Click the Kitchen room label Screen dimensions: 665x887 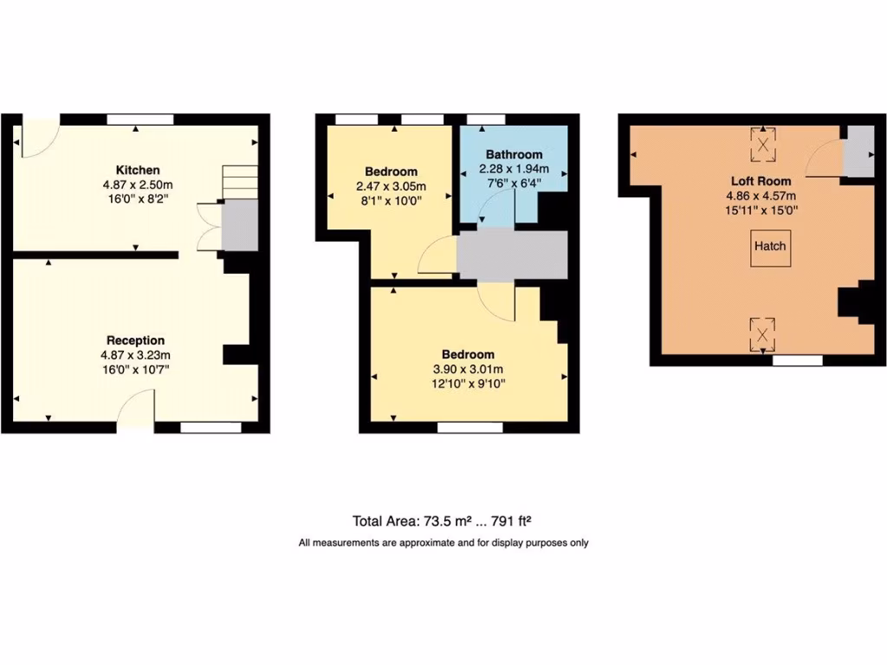coord(138,170)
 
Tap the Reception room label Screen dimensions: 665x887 coord(135,340)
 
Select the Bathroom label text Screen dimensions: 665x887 coord(514,154)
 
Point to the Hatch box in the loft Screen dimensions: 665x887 coord(769,246)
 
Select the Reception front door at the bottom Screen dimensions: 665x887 coord(136,410)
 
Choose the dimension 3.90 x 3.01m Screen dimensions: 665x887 coord(468,370)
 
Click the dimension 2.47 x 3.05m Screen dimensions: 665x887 coord(391,186)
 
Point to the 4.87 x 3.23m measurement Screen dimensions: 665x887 coord(135,355)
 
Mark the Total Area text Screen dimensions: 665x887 coord(441,521)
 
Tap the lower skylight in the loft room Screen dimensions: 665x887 coord(762,334)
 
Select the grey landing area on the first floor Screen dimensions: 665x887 coord(512,255)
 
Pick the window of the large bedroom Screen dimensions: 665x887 coord(470,427)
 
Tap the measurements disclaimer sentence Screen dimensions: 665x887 coord(443,543)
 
